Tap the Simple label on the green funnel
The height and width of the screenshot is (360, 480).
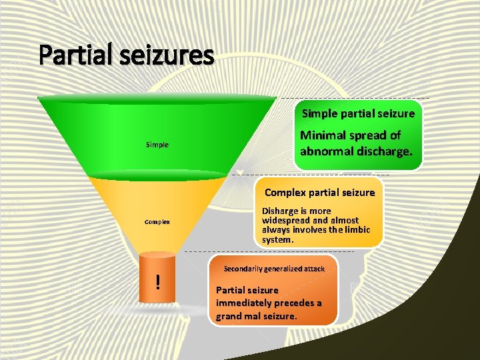tap(157, 144)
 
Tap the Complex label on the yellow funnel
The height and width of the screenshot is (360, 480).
tap(157, 222)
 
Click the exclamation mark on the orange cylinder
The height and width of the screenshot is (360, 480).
tap(157, 283)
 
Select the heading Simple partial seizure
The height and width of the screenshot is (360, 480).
tap(358, 113)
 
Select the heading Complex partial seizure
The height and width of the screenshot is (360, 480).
tap(320, 193)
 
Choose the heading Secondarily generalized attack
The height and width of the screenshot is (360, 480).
tap(274, 269)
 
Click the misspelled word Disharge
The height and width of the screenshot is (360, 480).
tap(279, 211)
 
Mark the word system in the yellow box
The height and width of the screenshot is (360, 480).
tap(277, 239)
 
